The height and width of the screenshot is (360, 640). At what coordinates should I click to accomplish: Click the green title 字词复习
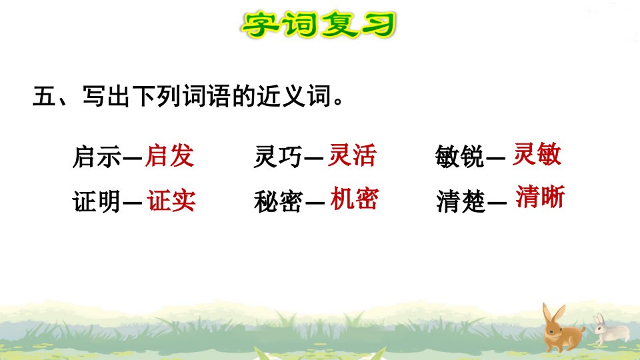(x=319, y=25)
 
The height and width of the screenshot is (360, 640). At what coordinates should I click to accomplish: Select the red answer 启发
(x=170, y=155)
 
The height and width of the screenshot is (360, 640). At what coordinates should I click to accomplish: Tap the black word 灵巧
(x=278, y=157)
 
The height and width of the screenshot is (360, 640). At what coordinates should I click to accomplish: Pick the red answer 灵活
(x=352, y=155)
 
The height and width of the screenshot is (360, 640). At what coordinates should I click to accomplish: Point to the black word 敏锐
(x=459, y=156)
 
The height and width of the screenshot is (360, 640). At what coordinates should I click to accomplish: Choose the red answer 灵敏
(x=537, y=154)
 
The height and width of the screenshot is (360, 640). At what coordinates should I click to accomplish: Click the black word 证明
(x=97, y=201)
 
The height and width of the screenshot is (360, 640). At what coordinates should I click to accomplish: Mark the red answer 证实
(x=171, y=201)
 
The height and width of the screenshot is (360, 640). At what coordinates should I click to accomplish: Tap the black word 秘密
(x=279, y=201)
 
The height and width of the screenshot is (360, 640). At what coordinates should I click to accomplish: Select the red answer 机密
(x=355, y=199)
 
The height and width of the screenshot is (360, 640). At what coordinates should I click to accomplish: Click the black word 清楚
(x=461, y=201)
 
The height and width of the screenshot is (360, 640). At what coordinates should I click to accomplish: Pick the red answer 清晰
(x=541, y=197)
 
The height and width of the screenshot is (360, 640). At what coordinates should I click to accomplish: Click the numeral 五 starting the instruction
(x=45, y=96)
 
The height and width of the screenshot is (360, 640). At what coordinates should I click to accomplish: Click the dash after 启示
(x=132, y=157)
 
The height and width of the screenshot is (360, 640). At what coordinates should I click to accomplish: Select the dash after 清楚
(x=497, y=201)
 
